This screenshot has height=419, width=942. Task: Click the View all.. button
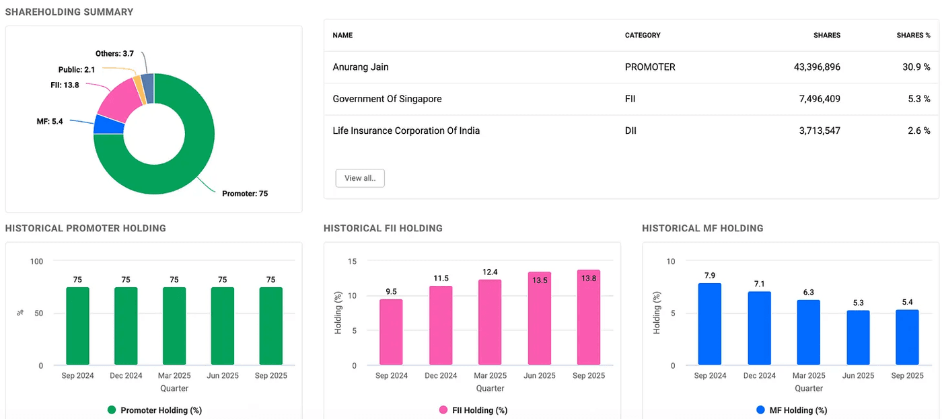pos(360,178)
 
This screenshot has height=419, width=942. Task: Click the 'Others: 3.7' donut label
pos(115,53)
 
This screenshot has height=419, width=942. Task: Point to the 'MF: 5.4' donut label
pos(49,121)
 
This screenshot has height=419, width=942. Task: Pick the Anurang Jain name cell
pos(361,67)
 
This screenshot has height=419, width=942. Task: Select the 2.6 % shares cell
pos(918,130)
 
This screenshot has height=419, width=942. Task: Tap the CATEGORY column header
pos(643,35)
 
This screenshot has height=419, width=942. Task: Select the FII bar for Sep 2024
pos(391,332)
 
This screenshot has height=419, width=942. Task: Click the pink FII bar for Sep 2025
pos(588,318)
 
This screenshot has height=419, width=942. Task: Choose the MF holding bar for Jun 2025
pos(858,338)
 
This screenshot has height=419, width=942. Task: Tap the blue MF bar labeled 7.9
pos(710,324)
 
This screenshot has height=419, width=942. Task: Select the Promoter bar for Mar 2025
pos(174,326)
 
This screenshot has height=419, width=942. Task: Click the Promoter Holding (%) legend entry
pos(155,410)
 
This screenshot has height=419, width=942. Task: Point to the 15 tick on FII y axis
pos(353,261)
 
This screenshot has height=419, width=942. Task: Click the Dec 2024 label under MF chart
pos(759,376)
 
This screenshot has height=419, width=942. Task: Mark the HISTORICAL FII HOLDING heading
pos(383,228)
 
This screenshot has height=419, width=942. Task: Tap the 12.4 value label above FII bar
pos(491,272)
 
